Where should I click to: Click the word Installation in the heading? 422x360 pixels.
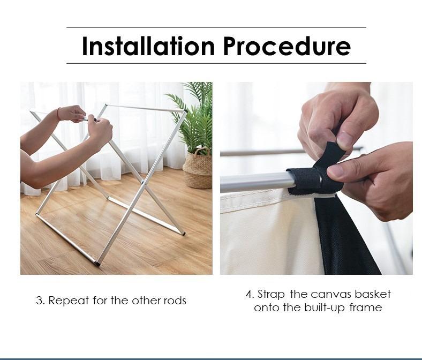(x=148, y=46)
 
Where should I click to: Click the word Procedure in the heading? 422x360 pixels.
(x=287, y=46)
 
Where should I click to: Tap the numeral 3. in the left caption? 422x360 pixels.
(x=40, y=301)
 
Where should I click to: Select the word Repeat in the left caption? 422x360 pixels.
(x=69, y=301)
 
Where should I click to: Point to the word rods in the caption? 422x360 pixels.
(x=175, y=301)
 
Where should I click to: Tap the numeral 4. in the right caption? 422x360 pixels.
(x=250, y=294)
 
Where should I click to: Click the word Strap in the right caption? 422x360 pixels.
(x=271, y=294)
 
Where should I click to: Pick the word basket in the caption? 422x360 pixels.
(x=373, y=294)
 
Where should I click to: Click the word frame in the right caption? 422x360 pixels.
(x=366, y=307)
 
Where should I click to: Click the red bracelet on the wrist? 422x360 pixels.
(x=58, y=114)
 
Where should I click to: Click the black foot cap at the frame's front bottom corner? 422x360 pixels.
(x=97, y=263)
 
